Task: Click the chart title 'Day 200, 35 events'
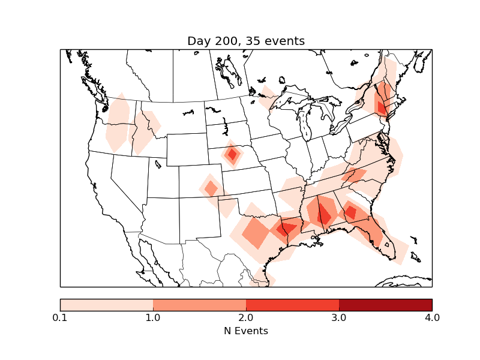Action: coord(246,41)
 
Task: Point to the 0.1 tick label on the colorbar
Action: coord(60,317)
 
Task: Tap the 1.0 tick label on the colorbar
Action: coord(153,317)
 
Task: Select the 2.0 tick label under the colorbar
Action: coord(246,317)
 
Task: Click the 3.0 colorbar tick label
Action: coord(339,317)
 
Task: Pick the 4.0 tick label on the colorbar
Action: coord(432,317)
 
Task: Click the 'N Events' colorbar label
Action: coord(246,331)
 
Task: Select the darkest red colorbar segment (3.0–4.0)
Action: coord(385,305)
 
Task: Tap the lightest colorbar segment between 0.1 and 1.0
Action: coord(107,305)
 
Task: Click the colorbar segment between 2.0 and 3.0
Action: coord(292,305)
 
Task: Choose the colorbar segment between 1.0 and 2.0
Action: coord(199,305)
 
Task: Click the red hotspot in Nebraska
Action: coord(232,155)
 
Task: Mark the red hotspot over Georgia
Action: coord(350,212)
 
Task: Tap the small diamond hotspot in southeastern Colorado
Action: coord(211,188)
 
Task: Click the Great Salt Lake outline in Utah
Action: coord(158,163)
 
